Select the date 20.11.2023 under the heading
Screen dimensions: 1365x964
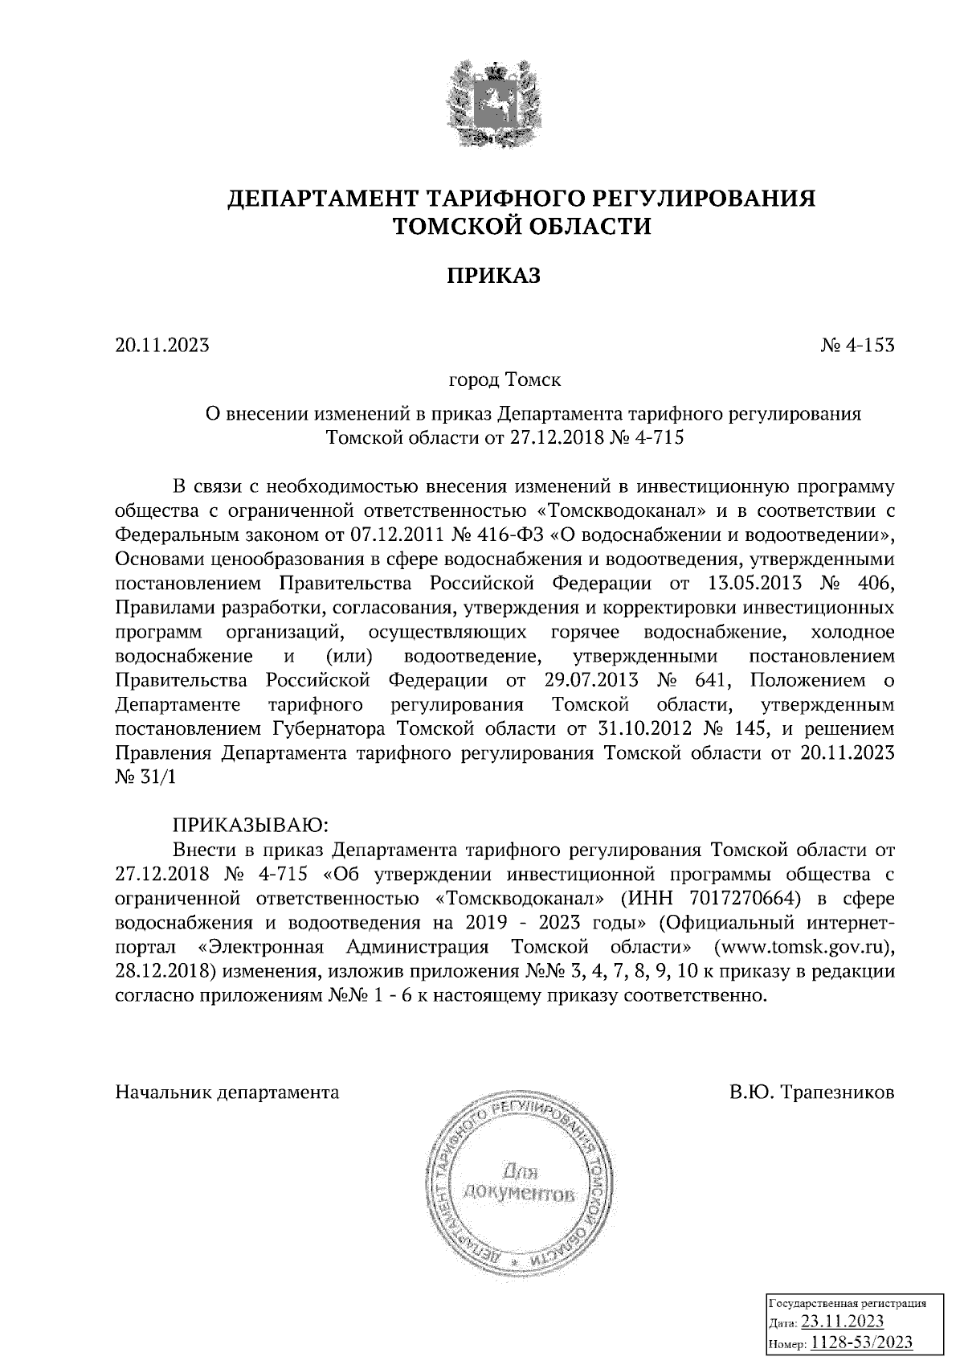click(162, 346)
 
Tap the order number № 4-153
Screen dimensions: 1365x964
click(856, 346)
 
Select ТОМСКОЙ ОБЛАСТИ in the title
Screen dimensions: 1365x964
click(521, 227)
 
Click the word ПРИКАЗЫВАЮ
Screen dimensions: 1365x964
click(249, 825)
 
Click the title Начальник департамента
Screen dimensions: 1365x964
click(227, 1092)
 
